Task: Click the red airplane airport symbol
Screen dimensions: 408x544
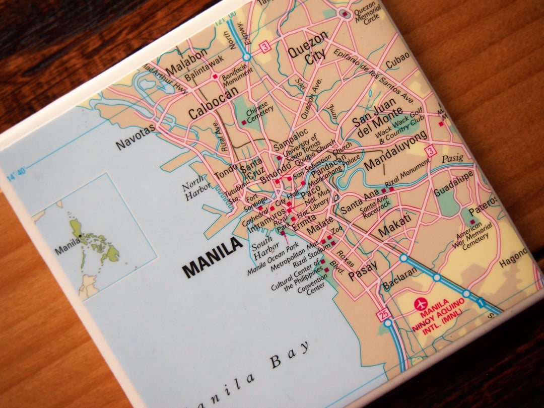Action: [420, 304]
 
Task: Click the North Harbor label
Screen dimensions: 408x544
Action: [194, 187]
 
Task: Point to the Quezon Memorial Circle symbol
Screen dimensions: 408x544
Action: [345, 14]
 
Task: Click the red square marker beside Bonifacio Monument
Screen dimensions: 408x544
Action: [215, 77]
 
